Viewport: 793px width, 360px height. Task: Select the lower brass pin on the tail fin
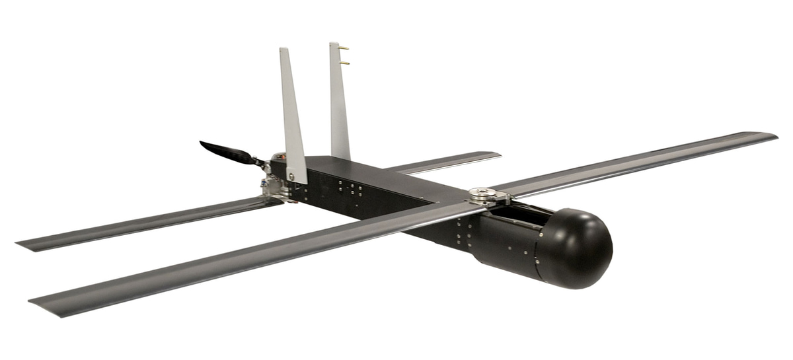(345, 63)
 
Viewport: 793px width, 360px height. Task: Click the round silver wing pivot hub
(482, 194)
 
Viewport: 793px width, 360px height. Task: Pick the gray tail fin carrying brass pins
(338, 106)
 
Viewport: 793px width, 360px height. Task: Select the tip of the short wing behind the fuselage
(496, 155)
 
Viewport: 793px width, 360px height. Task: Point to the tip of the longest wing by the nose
(773, 137)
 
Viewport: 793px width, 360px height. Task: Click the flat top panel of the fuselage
(377, 173)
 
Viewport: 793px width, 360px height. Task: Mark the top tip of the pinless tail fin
(283, 50)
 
